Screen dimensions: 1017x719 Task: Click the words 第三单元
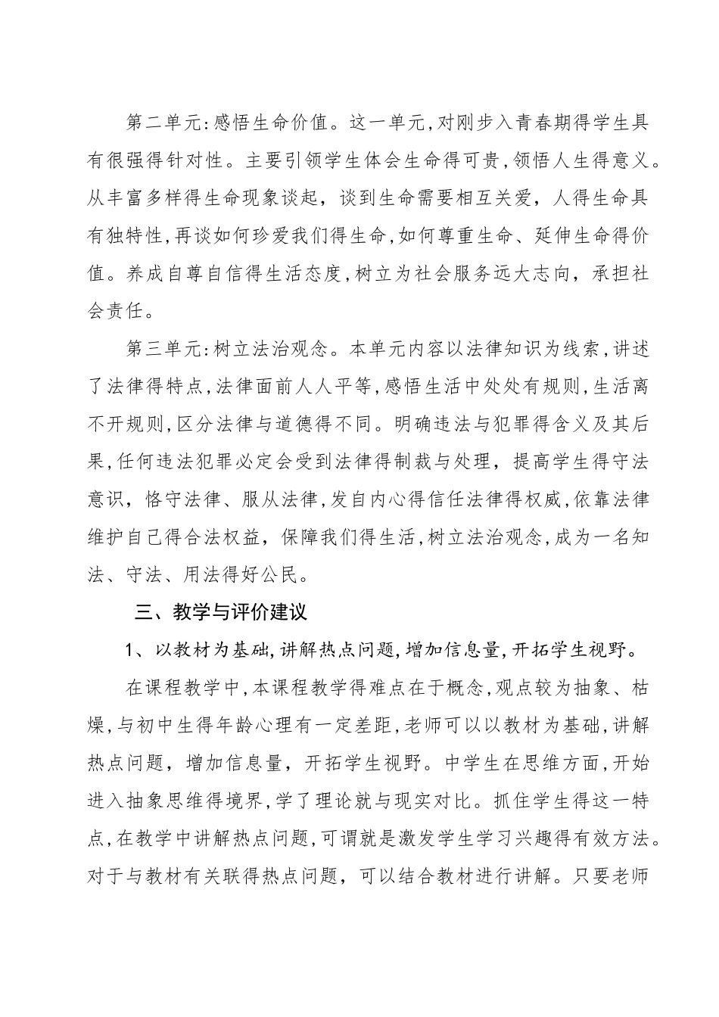tap(160, 350)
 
